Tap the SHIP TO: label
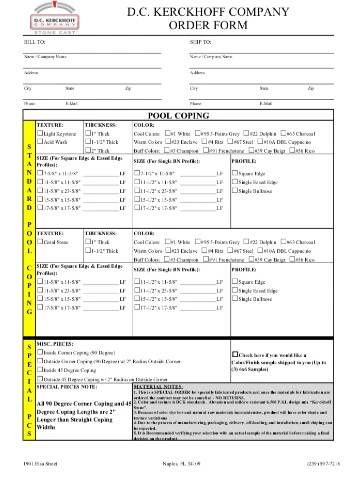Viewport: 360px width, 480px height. tap(200, 43)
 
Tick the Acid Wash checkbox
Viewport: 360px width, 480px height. tap(40, 141)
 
